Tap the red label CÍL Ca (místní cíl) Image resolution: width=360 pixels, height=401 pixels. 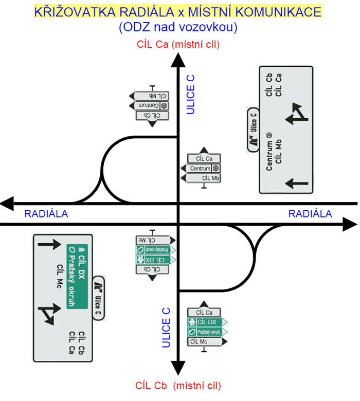pyautogui.click(x=178, y=45)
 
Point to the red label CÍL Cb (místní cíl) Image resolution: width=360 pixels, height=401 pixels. pyautogui.click(x=178, y=385)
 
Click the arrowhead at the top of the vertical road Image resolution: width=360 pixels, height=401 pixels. pyautogui.click(x=178, y=60)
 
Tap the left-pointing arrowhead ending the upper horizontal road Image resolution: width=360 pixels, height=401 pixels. pyautogui.click(x=8, y=204)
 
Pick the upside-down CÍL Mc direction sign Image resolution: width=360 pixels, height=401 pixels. pyautogui.click(x=153, y=240)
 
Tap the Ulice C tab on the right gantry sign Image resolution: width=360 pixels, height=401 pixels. pyautogui.click(x=253, y=130)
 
